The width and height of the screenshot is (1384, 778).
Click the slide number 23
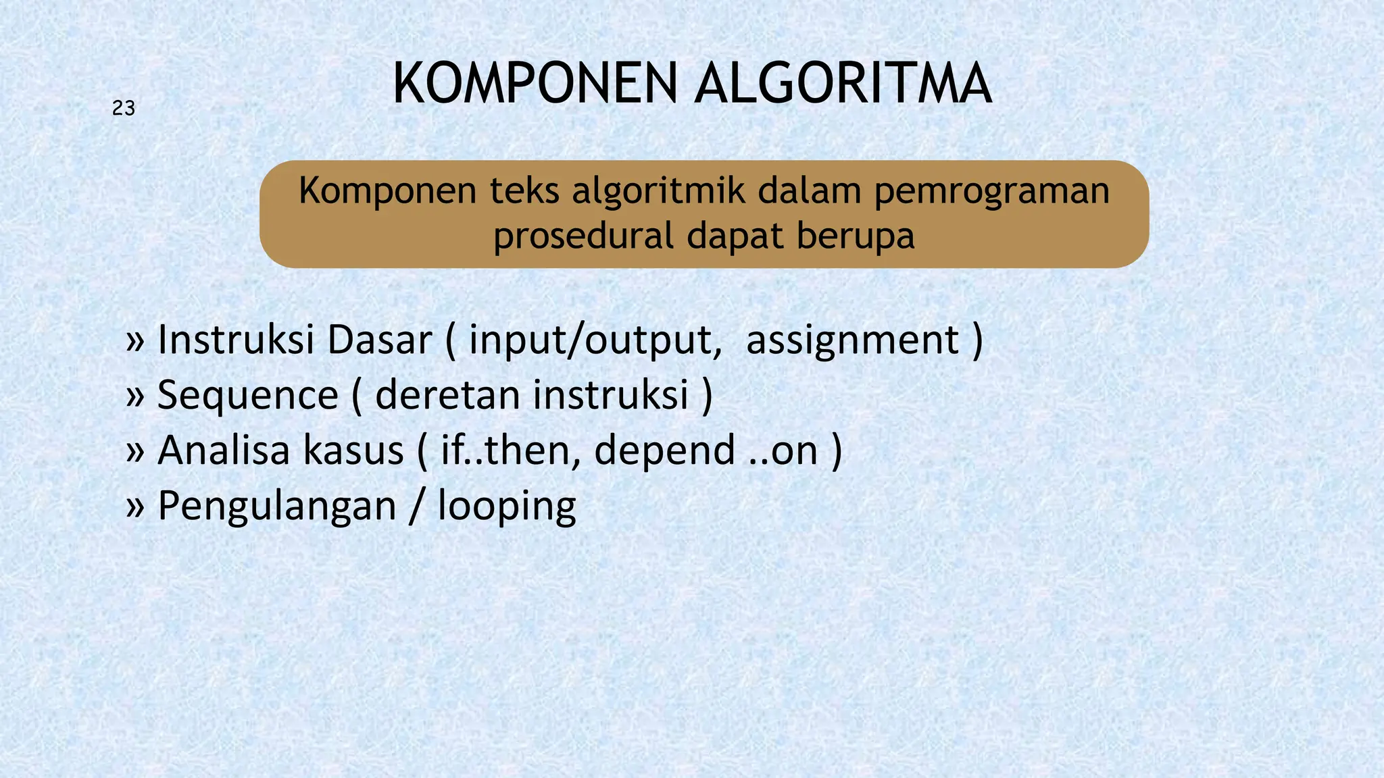pos(124,108)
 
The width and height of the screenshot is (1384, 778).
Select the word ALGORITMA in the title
pos(843,84)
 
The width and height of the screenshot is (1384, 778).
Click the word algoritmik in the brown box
pos(660,191)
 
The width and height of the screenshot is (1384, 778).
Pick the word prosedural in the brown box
pos(584,236)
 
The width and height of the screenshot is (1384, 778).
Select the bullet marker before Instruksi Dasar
pos(135,342)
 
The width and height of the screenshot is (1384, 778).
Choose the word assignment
pos(853,341)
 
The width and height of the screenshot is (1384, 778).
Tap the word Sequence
pos(247,396)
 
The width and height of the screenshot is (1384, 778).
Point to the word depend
pos(664,450)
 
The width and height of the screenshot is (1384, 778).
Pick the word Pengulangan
pos(276,507)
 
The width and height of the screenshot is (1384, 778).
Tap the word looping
pos(507,507)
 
